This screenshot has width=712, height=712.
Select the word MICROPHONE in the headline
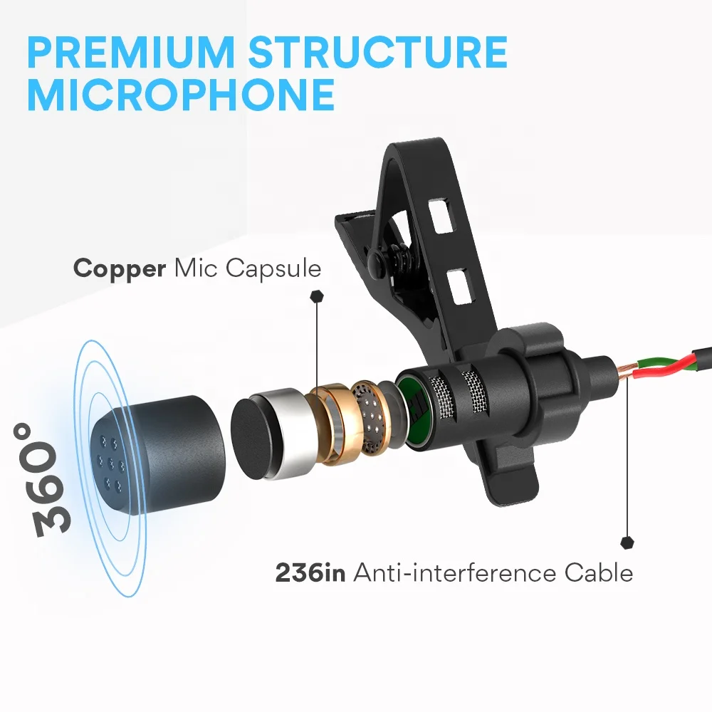(x=181, y=95)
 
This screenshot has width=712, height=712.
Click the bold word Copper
(x=120, y=268)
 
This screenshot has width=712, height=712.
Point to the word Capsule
(x=273, y=268)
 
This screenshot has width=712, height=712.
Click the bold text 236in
(x=310, y=572)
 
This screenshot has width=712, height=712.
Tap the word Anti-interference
(x=455, y=572)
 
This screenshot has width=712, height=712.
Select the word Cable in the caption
(x=599, y=572)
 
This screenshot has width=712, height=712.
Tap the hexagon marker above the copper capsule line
(x=317, y=296)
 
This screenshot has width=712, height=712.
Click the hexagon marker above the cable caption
(x=627, y=542)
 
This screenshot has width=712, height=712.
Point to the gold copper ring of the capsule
(x=330, y=422)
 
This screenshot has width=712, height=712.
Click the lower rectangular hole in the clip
(x=459, y=287)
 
